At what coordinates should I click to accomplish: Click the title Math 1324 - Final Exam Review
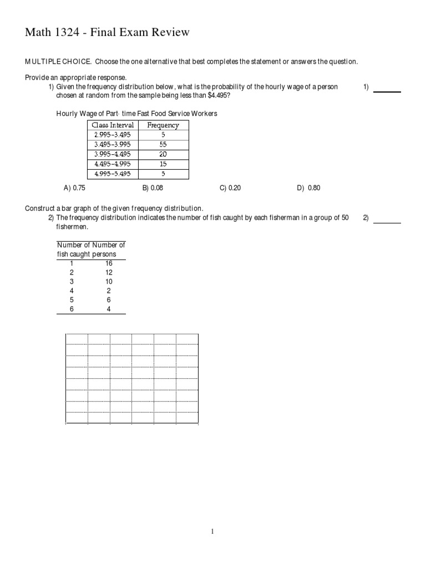tap(107, 33)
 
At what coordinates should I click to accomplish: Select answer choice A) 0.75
tap(74, 188)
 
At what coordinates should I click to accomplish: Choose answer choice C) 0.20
tap(230, 188)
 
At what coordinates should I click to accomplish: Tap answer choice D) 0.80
tap(309, 188)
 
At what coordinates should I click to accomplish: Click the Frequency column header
tap(163, 125)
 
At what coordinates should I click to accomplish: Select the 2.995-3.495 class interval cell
tap(113, 135)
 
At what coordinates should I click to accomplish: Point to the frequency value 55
tap(163, 144)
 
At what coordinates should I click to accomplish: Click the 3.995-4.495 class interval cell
tap(113, 154)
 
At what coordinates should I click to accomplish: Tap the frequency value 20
tap(163, 154)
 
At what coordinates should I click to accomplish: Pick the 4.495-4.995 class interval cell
tap(113, 164)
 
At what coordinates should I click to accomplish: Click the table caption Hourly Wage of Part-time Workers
tap(136, 114)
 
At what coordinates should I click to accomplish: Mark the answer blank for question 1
tap(387, 91)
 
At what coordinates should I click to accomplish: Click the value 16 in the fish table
tap(109, 263)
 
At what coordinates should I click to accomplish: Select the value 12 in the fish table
tap(109, 272)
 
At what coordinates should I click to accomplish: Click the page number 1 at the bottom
tap(212, 531)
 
